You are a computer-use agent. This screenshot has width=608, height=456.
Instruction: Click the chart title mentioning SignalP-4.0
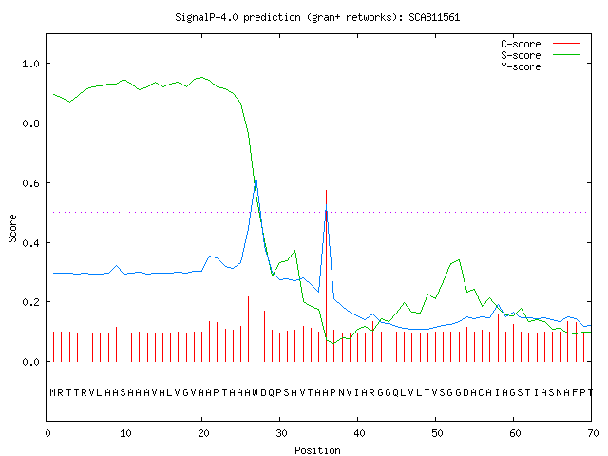(317, 18)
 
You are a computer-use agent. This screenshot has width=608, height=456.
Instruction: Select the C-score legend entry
(541, 44)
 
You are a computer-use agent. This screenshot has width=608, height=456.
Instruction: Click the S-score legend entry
(541, 55)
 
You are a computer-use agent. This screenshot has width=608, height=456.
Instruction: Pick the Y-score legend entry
(541, 66)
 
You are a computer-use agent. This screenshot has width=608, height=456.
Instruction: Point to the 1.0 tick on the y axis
(30, 64)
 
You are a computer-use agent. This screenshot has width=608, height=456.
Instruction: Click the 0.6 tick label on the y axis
(30, 183)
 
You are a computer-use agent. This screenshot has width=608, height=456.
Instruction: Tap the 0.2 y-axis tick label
(30, 302)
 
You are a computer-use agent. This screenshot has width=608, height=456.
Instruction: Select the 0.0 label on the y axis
(30, 362)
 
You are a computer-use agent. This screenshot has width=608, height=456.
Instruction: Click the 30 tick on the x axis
(281, 433)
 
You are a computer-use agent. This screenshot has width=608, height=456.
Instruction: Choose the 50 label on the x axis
(437, 433)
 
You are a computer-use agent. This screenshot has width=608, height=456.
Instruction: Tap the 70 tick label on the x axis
(593, 433)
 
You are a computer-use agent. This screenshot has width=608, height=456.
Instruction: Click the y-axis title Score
(12, 228)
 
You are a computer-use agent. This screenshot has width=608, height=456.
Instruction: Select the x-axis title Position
(317, 450)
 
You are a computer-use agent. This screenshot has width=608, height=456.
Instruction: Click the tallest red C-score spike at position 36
(327, 275)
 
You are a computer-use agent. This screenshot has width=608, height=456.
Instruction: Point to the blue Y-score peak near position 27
(256, 177)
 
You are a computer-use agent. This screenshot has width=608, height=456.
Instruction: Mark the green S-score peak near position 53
(459, 259)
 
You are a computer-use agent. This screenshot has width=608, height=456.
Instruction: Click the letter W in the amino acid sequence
(256, 392)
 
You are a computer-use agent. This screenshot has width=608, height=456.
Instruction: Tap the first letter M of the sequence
(53, 392)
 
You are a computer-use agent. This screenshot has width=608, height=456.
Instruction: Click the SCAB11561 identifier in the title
(434, 17)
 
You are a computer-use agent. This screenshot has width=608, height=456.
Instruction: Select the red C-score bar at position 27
(256, 298)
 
